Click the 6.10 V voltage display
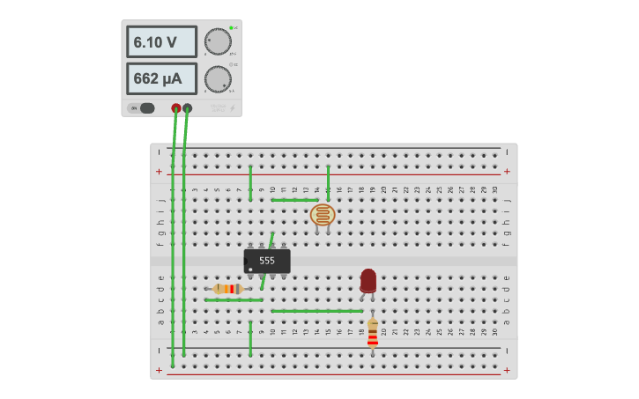pos(161,41)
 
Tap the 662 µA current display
pos(161,78)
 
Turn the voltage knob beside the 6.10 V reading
pos(217,41)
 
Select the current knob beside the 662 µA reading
pos(217,79)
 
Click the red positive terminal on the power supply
pos(176,108)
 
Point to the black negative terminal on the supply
pos(187,108)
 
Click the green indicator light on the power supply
pos(231,28)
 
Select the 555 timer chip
pos(267,261)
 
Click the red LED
pos(368,280)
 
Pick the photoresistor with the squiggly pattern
pos(323,214)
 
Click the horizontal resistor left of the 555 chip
pos(228,289)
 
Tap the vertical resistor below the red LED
pos(373,333)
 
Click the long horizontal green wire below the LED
pos(317,311)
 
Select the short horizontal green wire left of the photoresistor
pos(294,200)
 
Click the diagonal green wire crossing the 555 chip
pos(267,261)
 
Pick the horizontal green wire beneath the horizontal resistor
pos(234,300)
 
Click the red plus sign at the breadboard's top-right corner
pos(507,171)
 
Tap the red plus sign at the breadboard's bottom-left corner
pos(160,370)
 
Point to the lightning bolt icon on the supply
pos(232,108)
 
